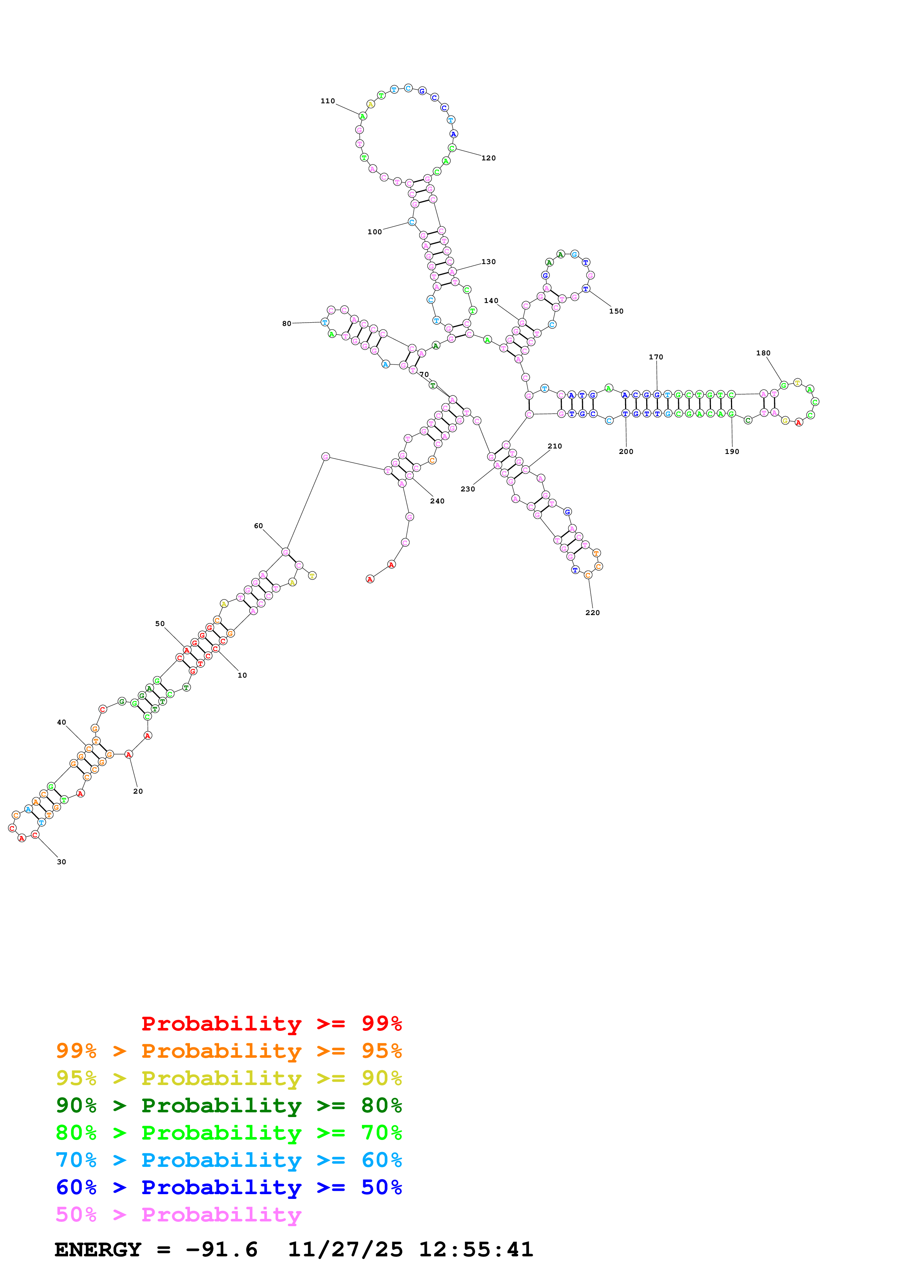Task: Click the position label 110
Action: click(x=327, y=101)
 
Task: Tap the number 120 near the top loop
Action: click(x=489, y=158)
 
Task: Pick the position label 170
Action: click(x=656, y=357)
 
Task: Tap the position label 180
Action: click(x=763, y=354)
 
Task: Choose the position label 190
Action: click(x=732, y=452)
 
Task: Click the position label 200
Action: click(x=626, y=452)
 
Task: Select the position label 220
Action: click(x=592, y=613)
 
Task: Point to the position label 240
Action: click(x=437, y=501)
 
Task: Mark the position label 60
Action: click(x=258, y=526)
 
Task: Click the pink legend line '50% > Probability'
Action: click(x=178, y=1215)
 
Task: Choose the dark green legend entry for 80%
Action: click(x=229, y=1105)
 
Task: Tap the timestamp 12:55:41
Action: click(x=476, y=1250)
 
